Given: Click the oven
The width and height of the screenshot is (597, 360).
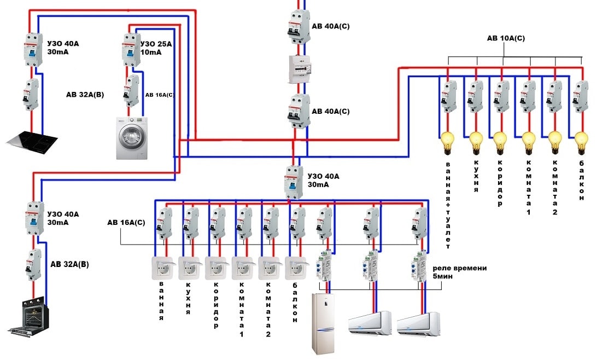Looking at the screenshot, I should [x=30, y=316].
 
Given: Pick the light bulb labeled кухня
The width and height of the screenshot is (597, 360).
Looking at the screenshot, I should [x=475, y=143].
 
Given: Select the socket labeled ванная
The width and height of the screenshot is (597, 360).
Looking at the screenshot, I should [x=162, y=268].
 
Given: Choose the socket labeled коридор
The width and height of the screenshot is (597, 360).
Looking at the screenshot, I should [x=216, y=268].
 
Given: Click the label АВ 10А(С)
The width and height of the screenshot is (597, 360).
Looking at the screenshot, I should [x=506, y=39].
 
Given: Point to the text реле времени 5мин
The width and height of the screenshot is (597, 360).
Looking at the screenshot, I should [x=459, y=272].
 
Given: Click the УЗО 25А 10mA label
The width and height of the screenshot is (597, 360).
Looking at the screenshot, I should [x=156, y=48].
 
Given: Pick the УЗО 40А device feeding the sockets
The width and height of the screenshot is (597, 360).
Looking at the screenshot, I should [x=294, y=182].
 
